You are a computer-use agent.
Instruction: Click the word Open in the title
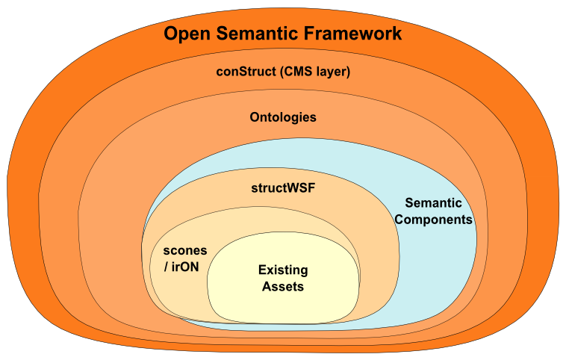[x=187, y=34]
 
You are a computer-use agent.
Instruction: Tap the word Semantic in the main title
[x=258, y=33]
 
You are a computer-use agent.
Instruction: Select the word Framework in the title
[x=353, y=33]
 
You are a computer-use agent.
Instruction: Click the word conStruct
[x=246, y=71]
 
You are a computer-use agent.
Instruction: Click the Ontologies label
[x=283, y=117]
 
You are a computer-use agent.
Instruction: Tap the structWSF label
[x=283, y=188]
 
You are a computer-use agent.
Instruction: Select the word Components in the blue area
[x=433, y=220]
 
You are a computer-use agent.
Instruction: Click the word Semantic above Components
[x=433, y=202]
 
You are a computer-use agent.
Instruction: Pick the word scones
[x=185, y=251]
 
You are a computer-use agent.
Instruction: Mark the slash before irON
[x=166, y=267]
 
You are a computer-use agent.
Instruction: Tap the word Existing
[x=283, y=270]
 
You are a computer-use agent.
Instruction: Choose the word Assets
[x=283, y=287]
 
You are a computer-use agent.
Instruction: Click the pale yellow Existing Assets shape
[x=283, y=307]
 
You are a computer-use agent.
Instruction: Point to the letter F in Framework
[x=309, y=33]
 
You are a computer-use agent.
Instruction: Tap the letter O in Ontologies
[x=255, y=117]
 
